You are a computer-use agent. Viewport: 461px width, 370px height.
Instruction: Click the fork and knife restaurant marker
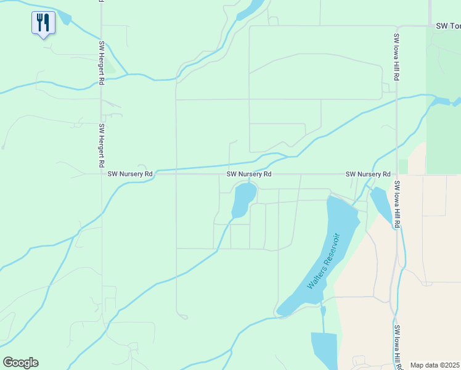point(43,23)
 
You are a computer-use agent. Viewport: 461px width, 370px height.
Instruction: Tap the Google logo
point(20,363)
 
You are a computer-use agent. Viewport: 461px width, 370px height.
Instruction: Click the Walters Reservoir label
point(324,261)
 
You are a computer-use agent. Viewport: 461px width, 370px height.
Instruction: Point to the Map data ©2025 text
point(435,365)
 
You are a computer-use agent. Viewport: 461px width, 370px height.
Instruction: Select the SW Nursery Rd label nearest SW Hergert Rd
point(129,175)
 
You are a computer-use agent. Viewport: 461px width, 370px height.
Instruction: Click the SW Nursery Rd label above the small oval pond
point(249,175)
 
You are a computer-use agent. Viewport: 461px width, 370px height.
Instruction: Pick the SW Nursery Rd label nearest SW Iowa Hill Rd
point(368,175)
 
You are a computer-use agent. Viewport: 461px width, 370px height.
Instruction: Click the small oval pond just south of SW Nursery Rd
point(243,200)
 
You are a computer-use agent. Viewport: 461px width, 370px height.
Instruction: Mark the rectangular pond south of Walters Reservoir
point(324,348)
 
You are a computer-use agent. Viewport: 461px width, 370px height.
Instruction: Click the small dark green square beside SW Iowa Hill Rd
point(403,166)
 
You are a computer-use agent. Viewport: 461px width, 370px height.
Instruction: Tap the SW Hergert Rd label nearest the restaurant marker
point(101,64)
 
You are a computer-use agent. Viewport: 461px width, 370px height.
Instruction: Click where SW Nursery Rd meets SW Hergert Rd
point(102,175)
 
